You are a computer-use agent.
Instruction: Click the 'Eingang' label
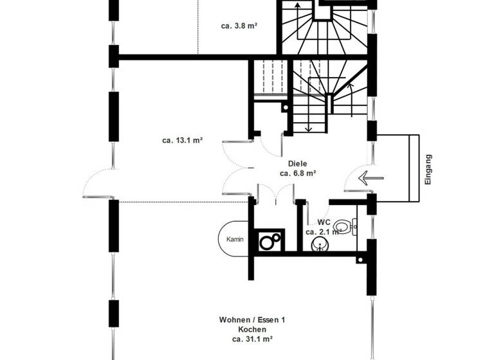(428, 169)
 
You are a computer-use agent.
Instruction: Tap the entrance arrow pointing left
(370, 177)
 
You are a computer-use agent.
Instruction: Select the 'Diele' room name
(297, 163)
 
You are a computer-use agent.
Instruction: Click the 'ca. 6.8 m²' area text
(297, 173)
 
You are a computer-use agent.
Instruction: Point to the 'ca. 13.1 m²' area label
(183, 139)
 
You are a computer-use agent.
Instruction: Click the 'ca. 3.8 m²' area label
(240, 27)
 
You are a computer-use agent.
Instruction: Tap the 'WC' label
(324, 222)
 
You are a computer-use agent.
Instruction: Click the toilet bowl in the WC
(343, 226)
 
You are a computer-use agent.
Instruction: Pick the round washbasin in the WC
(320, 244)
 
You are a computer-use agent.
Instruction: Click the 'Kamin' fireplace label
(235, 239)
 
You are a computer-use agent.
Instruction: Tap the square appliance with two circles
(269, 241)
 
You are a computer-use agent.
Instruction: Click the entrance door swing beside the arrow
(355, 180)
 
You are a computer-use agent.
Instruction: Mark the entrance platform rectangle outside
(398, 168)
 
